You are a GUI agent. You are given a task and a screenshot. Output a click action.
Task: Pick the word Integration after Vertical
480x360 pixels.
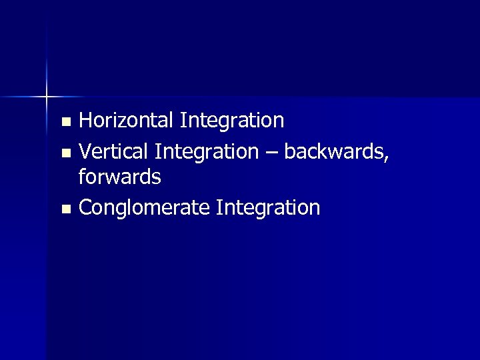click(206, 151)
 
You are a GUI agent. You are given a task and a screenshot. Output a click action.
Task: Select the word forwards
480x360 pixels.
click(119, 177)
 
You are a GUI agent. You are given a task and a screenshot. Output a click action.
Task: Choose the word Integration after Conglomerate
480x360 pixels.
click(269, 207)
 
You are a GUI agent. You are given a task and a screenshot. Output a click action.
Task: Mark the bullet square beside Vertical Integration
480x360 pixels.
click(65, 153)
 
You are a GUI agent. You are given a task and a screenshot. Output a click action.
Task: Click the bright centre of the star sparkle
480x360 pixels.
click(47, 97)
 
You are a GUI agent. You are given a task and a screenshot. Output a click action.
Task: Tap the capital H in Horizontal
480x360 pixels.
click(86, 121)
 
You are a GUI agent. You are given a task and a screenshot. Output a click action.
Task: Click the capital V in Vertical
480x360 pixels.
click(85, 151)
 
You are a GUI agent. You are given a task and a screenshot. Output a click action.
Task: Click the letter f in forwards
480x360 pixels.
click(83, 177)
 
